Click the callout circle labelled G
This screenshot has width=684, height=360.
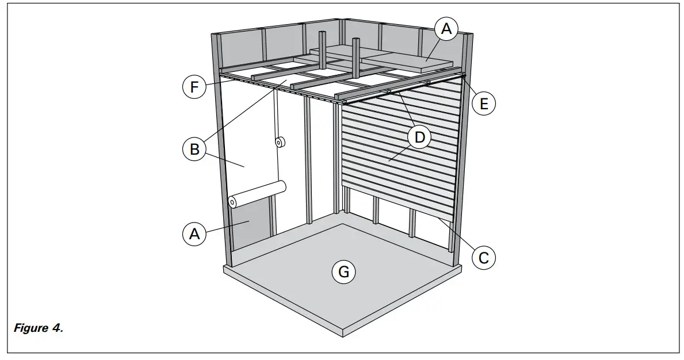[343, 272]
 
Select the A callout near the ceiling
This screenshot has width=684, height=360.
[446, 29]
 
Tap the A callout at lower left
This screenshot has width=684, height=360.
[194, 234]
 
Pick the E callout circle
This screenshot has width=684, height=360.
[484, 104]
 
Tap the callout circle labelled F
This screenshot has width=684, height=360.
[194, 88]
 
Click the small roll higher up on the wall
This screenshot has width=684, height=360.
[281, 142]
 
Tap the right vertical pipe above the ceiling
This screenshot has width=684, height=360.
[356, 58]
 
